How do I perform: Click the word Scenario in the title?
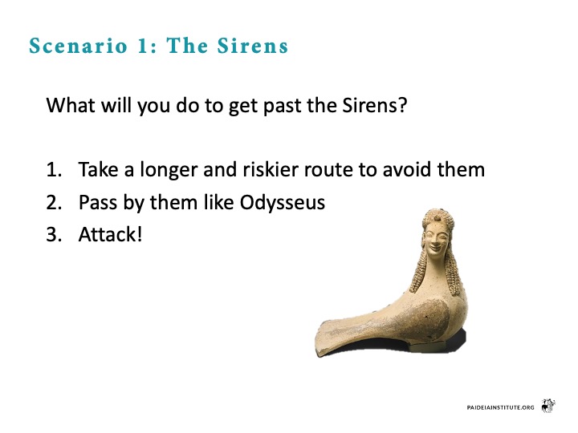pos(79,46)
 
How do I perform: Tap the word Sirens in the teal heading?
pos(253,46)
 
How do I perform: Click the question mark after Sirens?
pos(403,105)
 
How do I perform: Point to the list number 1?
pos(54,170)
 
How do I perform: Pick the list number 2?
pos(54,203)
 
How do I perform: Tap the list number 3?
pos(54,234)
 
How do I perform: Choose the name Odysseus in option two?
pos(283,203)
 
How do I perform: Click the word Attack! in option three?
pos(110,234)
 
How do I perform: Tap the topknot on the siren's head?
pos(438,217)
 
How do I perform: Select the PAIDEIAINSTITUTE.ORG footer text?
pos(500,407)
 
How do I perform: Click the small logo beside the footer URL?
pos(548,406)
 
